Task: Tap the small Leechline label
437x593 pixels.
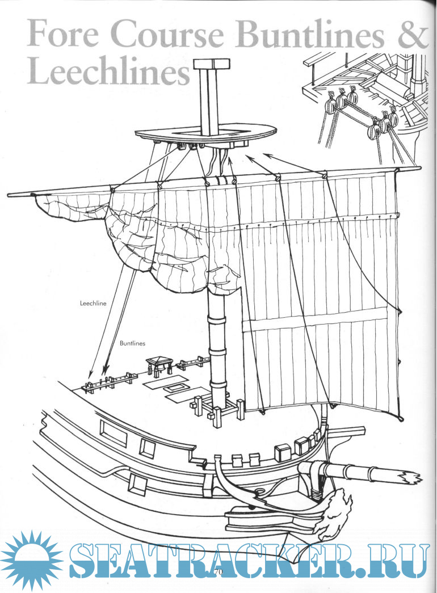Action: click(x=93, y=304)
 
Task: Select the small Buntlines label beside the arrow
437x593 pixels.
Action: click(x=132, y=343)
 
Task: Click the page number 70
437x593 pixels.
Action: click(x=218, y=572)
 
